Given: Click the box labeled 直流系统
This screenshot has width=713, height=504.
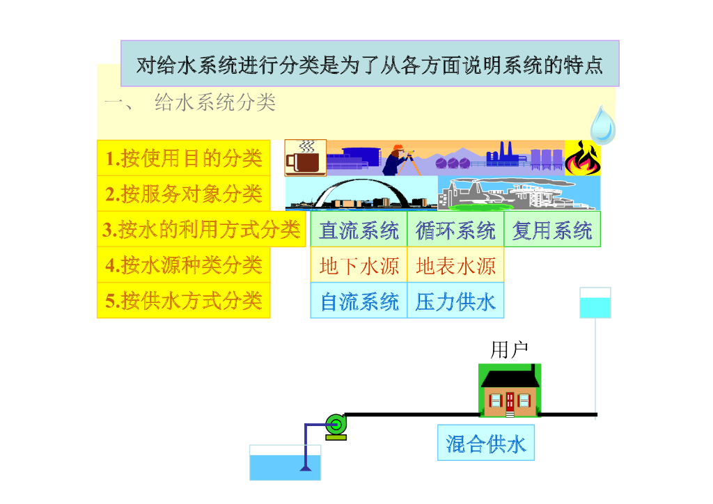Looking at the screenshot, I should (x=359, y=230).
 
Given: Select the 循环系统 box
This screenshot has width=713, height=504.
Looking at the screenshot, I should (x=455, y=230).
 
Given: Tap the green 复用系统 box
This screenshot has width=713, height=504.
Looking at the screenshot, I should (x=552, y=230).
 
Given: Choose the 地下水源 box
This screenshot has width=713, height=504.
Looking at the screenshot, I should (x=359, y=265).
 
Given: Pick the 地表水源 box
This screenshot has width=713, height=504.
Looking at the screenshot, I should (x=455, y=265).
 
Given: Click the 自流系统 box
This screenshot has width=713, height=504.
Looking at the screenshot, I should (x=359, y=301).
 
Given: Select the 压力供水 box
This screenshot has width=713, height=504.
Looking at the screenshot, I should (x=455, y=301).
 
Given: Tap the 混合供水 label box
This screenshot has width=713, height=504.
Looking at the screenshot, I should (x=486, y=443).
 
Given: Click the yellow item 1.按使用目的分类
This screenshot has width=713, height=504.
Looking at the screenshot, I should (x=184, y=159).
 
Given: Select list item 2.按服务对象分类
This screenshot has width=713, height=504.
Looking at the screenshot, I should (x=184, y=194).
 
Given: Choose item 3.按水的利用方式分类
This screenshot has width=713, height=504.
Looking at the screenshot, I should (x=201, y=229).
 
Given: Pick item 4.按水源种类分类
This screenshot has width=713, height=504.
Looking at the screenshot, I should (x=184, y=265).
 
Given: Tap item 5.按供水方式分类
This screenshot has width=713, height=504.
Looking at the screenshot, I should (x=184, y=300).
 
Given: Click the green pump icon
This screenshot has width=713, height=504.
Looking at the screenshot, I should (x=336, y=424).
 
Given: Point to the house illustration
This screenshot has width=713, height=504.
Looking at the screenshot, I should (x=510, y=391).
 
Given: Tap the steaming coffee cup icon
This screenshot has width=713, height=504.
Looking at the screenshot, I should (x=305, y=158).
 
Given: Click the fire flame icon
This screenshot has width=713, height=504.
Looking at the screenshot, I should (x=582, y=159).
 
